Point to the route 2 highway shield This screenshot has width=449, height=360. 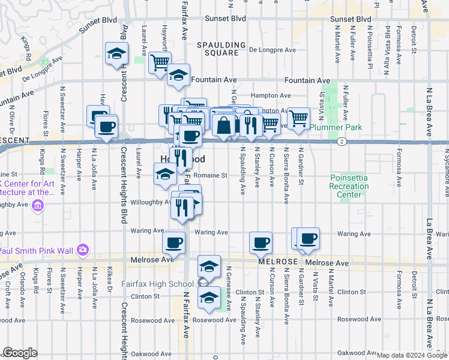[340, 142]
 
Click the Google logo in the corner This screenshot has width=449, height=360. [20, 353]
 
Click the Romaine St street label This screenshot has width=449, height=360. [214, 176]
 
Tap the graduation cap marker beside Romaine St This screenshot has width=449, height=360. [165, 175]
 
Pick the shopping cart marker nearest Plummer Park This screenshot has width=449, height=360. [298, 118]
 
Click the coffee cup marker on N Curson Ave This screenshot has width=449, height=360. [261, 242]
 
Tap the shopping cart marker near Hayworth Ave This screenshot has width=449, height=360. [160, 61]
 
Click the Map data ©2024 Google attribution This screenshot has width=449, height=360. [412, 355]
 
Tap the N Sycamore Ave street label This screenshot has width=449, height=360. [445, 176]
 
